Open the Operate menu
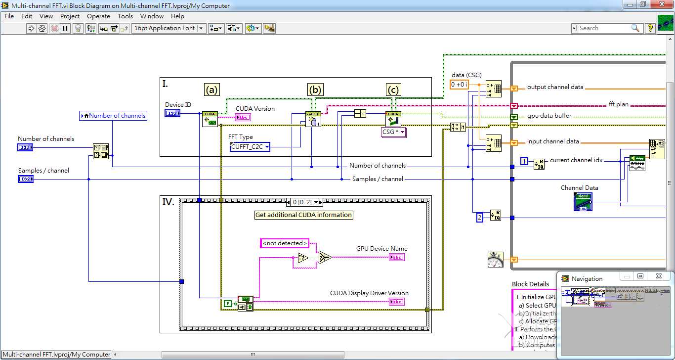(98, 16)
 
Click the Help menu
(177, 16)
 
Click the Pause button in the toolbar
(65, 28)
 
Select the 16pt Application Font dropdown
(169, 28)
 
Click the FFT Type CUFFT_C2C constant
(250, 147)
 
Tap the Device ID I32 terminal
(173, 114)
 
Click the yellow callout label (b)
(315, 90)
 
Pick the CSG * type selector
(394, 133)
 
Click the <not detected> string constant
(285, 243)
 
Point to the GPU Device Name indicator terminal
(396, 257)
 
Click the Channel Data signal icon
(583, 202)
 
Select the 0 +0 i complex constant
(459, 85)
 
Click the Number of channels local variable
(113, 116)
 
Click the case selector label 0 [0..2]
(303, 202)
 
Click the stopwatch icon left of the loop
(495, 260)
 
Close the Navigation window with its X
(659, 276)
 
